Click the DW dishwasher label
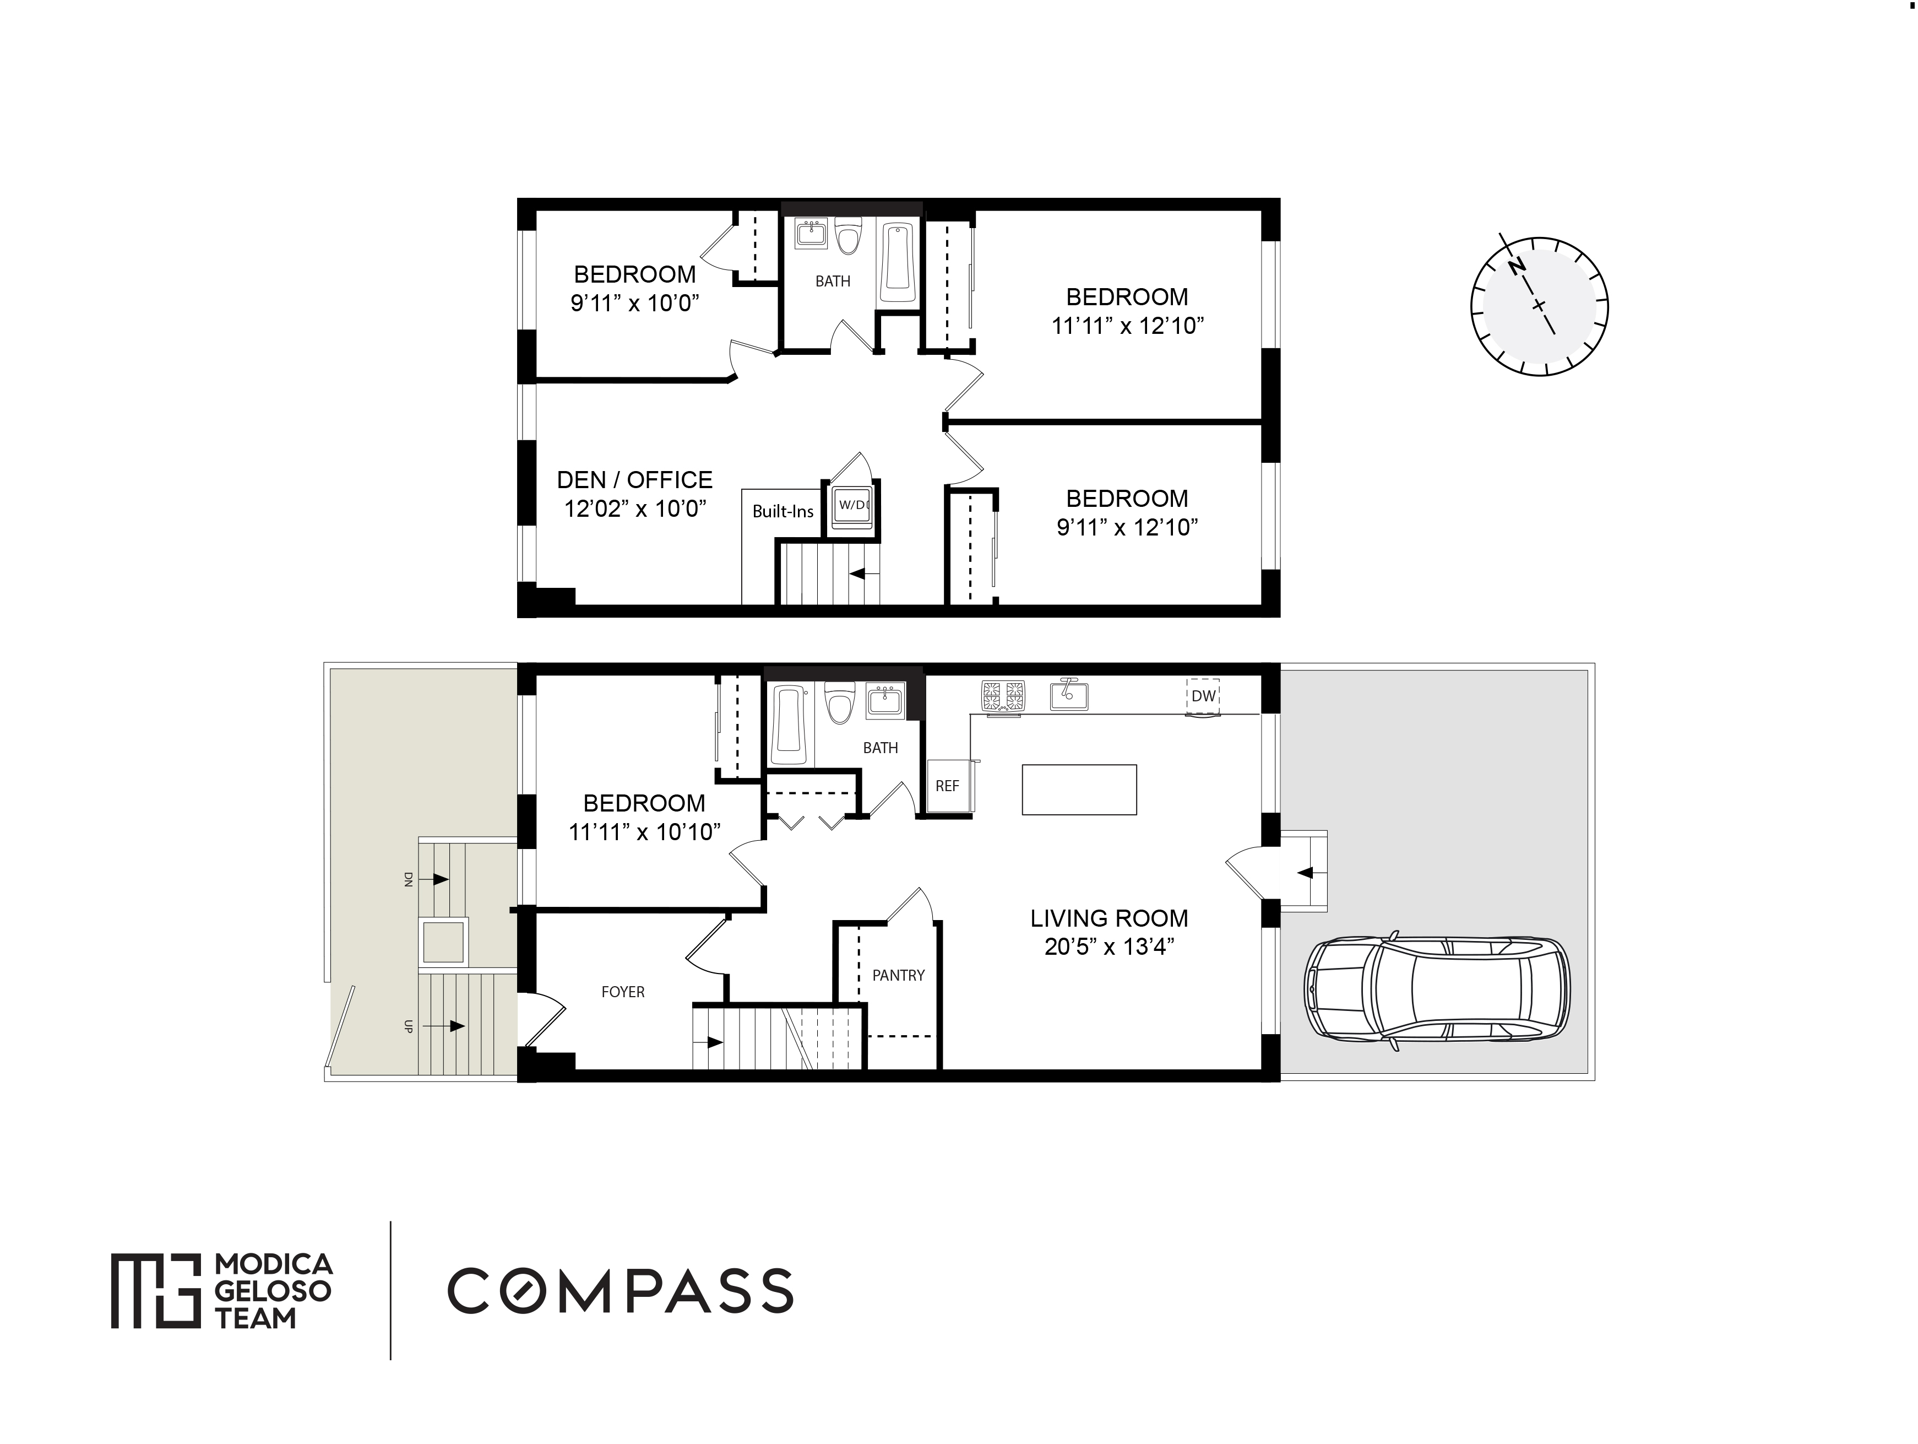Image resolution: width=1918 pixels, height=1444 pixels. click(1203, 695)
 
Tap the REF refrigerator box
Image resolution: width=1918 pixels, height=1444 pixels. click(948, 786)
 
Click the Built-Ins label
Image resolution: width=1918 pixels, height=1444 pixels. click(783, 512)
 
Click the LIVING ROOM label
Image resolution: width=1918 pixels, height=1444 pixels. click(1109, 918)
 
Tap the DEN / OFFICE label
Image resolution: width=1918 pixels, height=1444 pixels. click(635, 480)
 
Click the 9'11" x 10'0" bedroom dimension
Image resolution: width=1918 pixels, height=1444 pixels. click(635, 304)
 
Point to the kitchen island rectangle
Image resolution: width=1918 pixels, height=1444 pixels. click(1079, 789)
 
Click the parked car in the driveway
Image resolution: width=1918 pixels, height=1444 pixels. click(1437, 991)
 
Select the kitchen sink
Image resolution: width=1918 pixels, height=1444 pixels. click(1069, 694)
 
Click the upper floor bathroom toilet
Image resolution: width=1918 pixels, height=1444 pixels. click(849, 236)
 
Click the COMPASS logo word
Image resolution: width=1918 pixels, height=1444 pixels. click(620, 1290)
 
